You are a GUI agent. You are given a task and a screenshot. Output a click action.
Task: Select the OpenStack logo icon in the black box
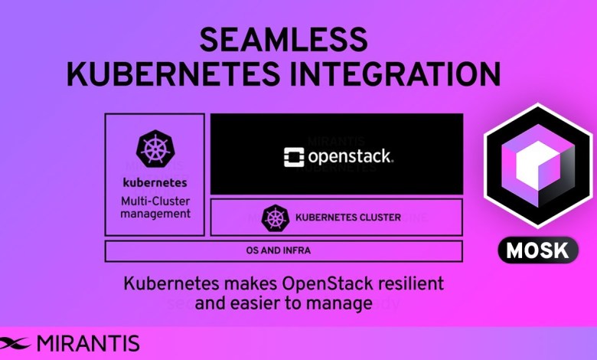click(x=293, y=157)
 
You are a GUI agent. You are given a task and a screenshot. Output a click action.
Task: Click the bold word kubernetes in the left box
click(x=155, y=183)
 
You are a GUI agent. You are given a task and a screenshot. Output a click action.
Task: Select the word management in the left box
click(x=155, y=214)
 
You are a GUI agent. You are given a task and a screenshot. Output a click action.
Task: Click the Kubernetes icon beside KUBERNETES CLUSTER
click(x=273, y=217)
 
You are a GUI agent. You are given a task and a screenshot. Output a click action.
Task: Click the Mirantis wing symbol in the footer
click(x=16, y=342)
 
